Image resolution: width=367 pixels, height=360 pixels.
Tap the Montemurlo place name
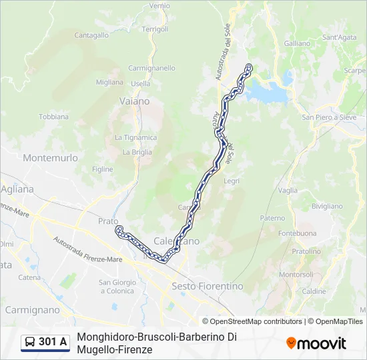click(50, 158)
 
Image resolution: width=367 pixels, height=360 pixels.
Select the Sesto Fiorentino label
click(208, 286)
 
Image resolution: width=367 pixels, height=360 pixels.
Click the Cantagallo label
click(91, 35)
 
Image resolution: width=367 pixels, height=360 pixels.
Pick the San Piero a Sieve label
click(329, 117)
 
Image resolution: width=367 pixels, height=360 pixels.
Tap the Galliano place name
click(297, 43)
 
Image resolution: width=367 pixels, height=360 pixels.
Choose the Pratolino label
click(306, 251)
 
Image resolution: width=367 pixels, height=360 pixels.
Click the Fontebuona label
click(298, 233)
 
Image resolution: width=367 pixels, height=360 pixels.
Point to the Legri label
click(232, 181)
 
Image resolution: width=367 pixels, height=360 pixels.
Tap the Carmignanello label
click(151, 68)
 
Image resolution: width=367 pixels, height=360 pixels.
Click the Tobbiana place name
click(53, 116)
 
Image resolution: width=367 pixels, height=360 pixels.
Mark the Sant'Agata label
click(340, 38)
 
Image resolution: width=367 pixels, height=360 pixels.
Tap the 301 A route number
click(53, 342)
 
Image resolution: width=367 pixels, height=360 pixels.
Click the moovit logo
click(316, 343)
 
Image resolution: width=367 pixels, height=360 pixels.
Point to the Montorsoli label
click(296, 275)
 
